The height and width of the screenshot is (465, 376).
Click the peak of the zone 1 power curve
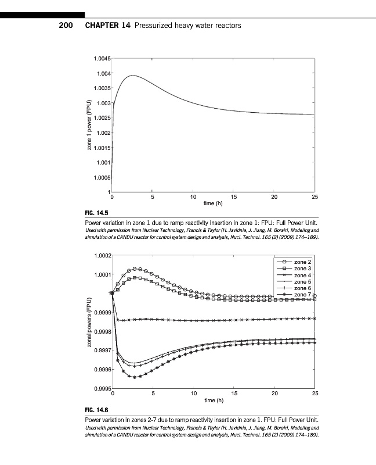[x=133, y=76]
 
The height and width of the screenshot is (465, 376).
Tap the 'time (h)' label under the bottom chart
[x=213, y=400]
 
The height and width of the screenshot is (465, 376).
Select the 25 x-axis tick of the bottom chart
[x=315, y=394]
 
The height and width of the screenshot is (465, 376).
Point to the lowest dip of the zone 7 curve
[x=135, y=377]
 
